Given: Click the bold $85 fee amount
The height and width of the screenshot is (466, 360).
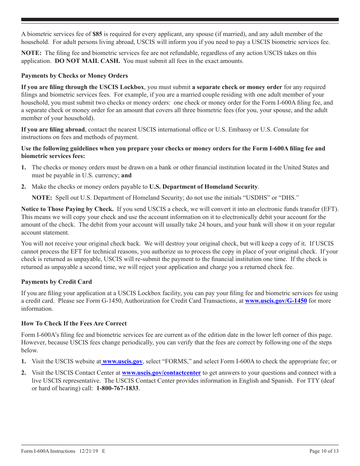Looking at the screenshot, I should (x=97, y=34).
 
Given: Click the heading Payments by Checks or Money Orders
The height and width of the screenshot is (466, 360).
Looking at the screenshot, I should (x=74, y=76).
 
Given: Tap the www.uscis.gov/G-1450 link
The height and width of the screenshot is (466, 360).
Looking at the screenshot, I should (x=276, y=301).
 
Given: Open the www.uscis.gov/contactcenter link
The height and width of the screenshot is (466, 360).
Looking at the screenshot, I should (x=161, y=373).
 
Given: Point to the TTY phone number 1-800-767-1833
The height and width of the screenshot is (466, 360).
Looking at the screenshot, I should (x=117, y=388).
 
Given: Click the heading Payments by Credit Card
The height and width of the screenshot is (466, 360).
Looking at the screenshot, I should (x=56, y=282).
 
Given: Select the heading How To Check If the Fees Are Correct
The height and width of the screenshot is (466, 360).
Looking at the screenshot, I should (x=74, y=324).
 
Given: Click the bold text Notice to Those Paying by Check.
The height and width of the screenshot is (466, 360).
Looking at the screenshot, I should (x=67, y=209).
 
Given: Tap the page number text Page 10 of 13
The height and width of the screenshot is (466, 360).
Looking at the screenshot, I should (x=324, y=451).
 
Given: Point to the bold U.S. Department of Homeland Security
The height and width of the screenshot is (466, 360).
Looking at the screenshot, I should (x=203, y=186).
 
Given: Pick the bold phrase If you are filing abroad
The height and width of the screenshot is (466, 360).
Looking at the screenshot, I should (x=53, y=130).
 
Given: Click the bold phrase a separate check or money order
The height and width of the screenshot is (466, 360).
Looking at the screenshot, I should (x=237, y=87).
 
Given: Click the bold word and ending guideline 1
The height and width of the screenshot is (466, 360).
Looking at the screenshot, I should (x=126, y=175).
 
